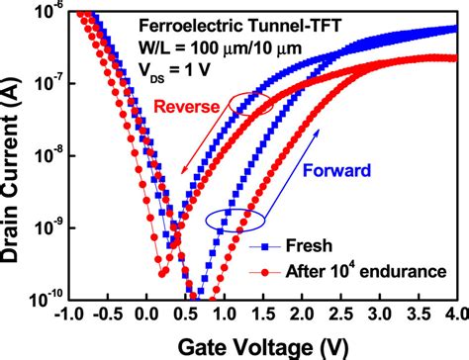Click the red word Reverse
[x=179, y=107]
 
